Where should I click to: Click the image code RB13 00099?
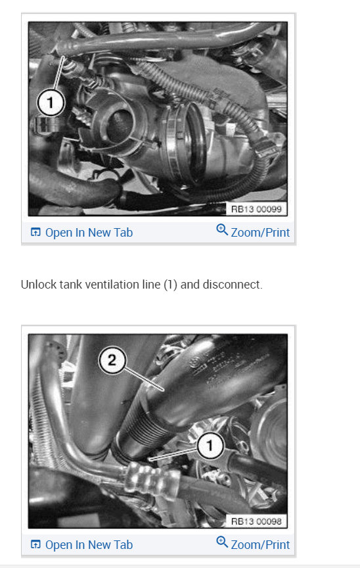pos(256,209)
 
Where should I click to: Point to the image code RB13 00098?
pos(256,521)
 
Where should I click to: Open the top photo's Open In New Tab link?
pos(89,233)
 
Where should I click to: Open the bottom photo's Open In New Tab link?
pos(89,544)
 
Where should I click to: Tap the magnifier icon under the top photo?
pos(222,231)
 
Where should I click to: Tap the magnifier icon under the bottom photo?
pos(222,542)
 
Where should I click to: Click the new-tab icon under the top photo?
pos(35,233)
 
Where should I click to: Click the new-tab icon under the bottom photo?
pos(35,544)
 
